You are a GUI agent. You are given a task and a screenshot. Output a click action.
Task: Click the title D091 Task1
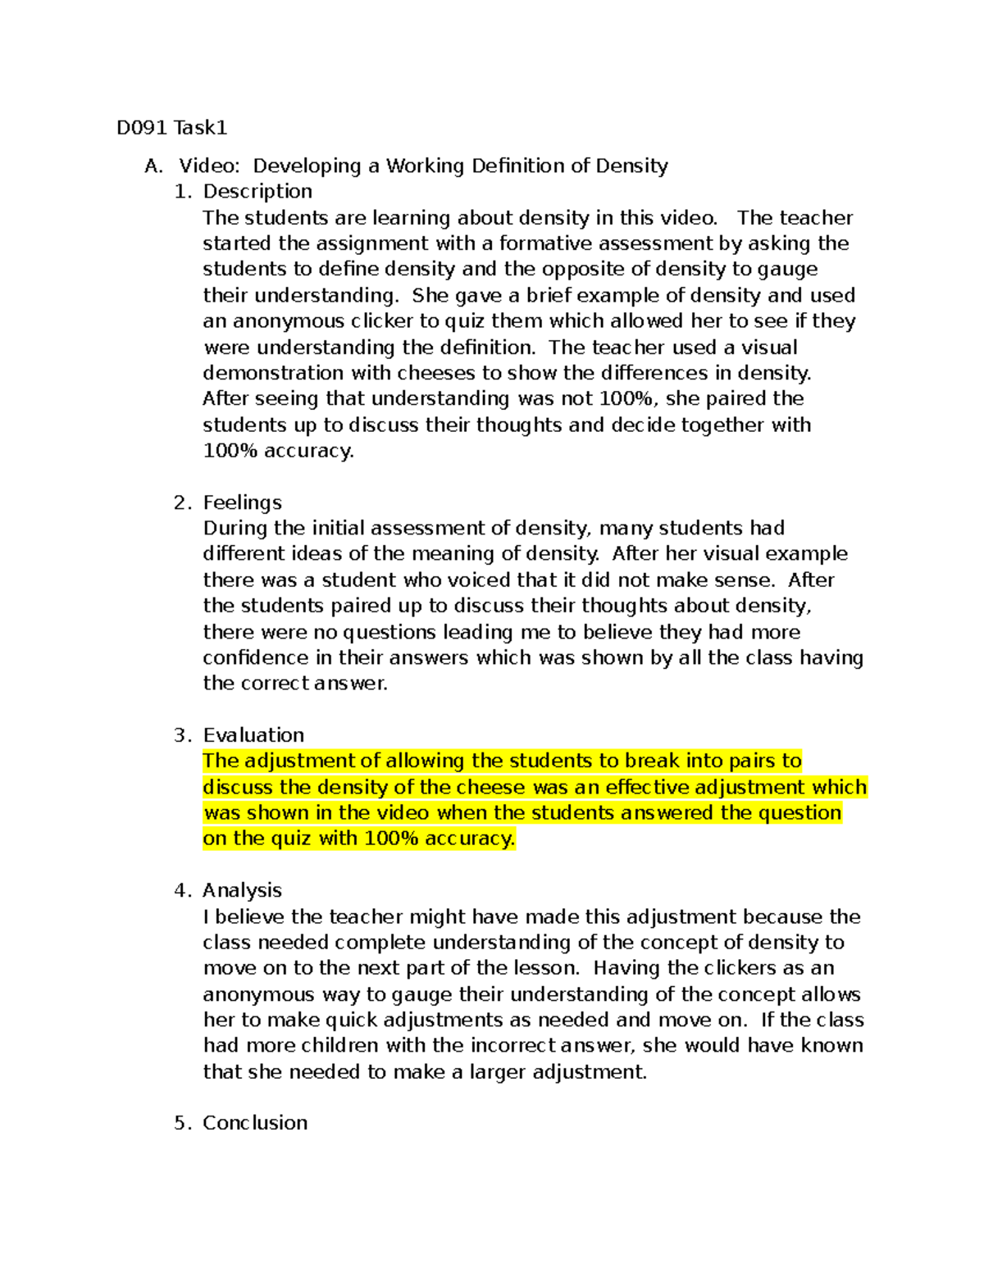click(x=171, y=128)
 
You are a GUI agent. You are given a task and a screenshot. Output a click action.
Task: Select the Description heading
click(x=257, y=192)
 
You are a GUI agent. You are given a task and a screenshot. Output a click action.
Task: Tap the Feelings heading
click(x=242, y=502)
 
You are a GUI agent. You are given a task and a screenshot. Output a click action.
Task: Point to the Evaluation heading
click(x=253, y=735)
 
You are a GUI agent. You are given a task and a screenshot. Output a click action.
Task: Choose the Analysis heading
click(x=242, y=890)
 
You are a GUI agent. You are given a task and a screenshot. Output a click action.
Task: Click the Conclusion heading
click(x=255, y=1123)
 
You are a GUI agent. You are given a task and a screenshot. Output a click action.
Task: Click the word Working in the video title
click(x=426, y=166)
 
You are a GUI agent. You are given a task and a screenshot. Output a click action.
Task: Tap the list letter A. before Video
click(x=153, y=166)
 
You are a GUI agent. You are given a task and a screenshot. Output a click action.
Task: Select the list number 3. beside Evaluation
click(x=182, y=735)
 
